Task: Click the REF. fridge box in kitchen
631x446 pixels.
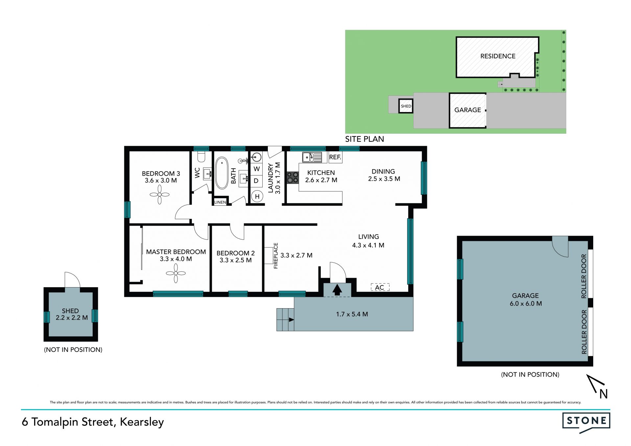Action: tap(335, 157)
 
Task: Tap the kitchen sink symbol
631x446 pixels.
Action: tap(312, 157)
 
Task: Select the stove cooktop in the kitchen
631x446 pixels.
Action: tap(292, 177)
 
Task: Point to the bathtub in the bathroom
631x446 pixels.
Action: tap(222, 173)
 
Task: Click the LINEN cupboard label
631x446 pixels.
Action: tap(220, 202)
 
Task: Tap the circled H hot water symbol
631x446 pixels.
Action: tap(257, 197)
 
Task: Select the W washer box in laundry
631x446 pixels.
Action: tap(257, 169)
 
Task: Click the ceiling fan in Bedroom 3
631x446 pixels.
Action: tap(160, 195)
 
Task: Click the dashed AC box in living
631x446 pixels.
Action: tap(380, 287)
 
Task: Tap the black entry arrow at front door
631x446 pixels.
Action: tap(337, 290)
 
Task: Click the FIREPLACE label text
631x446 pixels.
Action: tap(276, 256)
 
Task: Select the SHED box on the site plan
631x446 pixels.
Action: tap(406, 106)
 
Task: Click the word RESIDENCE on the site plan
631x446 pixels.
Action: tap(498, 56)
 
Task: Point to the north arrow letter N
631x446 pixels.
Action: tap(603, 394)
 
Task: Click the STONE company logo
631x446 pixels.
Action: tap(586, 422)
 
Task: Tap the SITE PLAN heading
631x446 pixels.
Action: tap(364, 139)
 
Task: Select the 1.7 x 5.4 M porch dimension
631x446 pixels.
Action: tap(352, 314)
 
